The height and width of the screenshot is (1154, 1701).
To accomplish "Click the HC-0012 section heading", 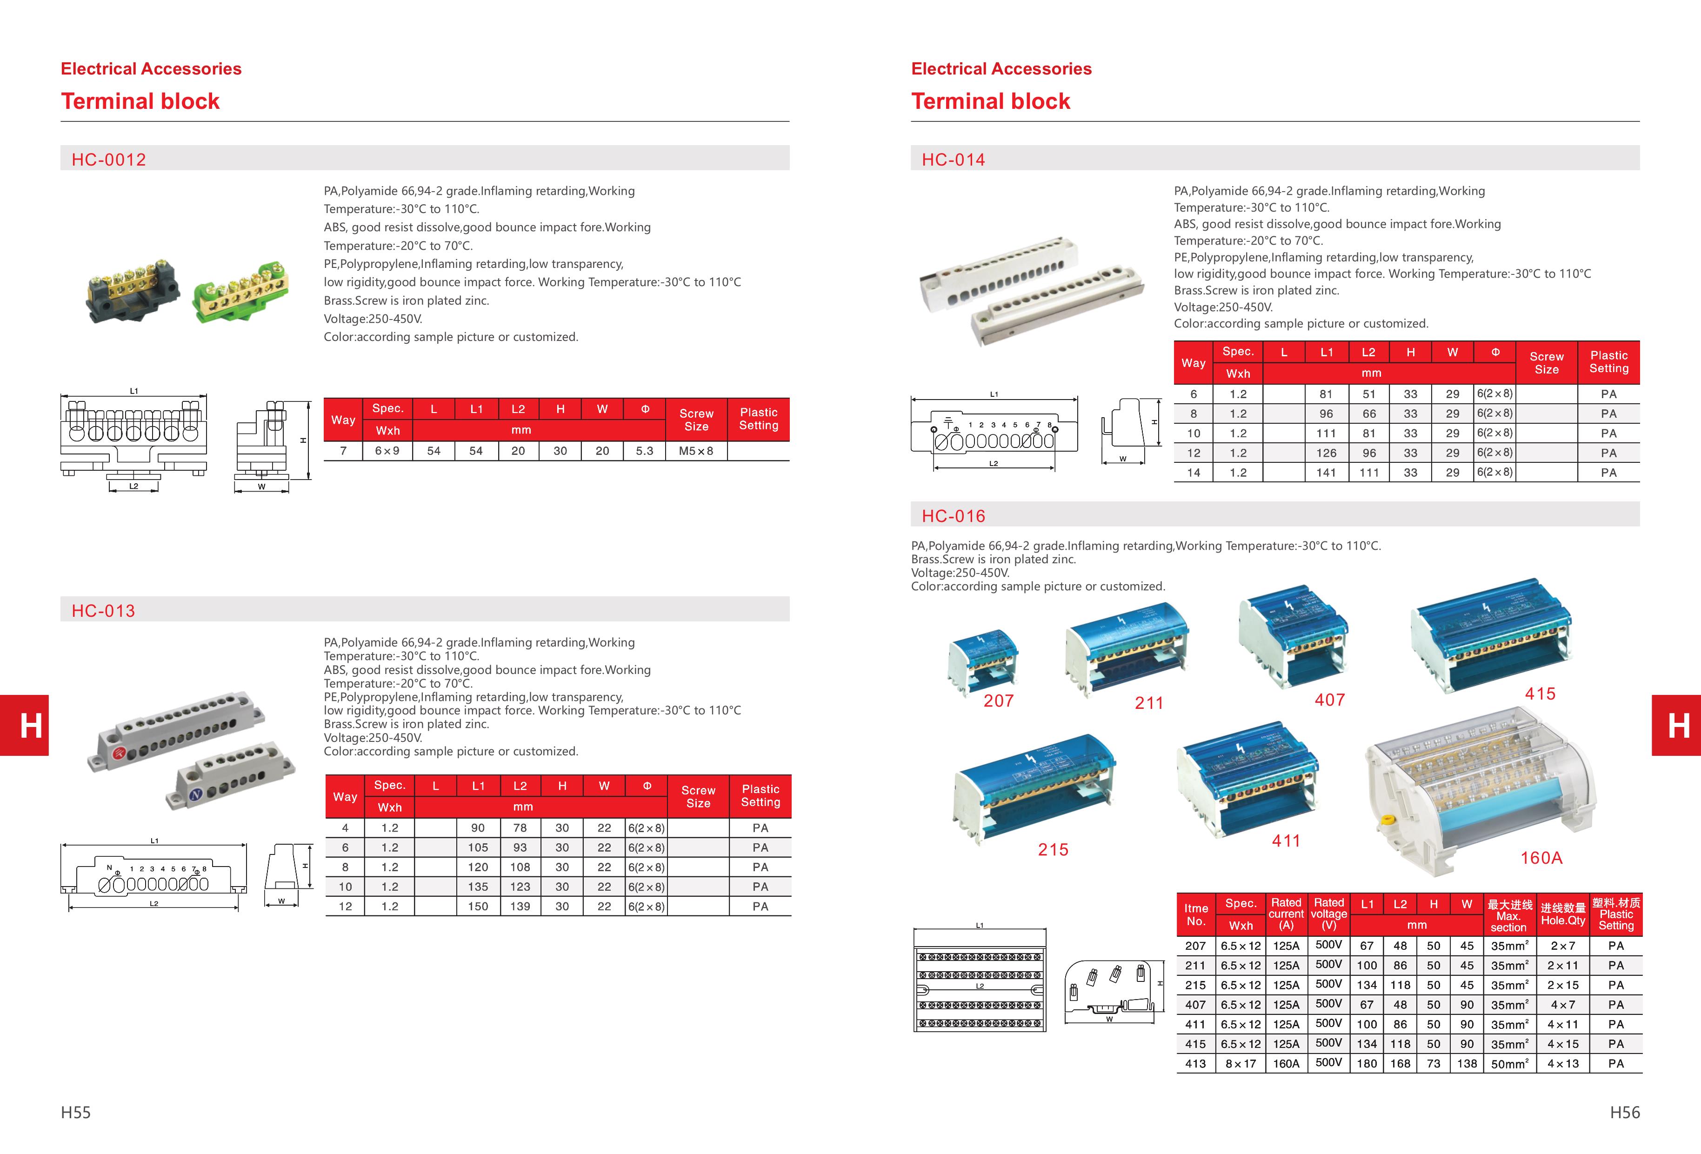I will [108, 160].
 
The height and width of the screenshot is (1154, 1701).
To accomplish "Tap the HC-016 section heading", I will [953, 516].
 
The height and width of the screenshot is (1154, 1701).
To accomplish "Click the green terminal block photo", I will [241, 291].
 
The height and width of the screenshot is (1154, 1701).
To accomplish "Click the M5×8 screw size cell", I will [695, 451].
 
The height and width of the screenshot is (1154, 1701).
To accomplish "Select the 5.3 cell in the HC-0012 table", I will [644, 451].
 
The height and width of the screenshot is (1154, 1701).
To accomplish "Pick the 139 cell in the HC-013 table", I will [520, 906].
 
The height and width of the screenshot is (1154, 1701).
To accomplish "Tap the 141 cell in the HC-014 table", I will [1326, 473].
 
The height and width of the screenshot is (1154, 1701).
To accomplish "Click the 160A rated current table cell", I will [1286, 1063].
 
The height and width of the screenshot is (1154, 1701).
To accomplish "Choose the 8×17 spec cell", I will [1241, 1063].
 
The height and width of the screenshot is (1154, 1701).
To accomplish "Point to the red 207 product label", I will [998, 701].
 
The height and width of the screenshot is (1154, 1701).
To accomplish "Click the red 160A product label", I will [1541, 858].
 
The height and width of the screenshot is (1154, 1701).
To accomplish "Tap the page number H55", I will [75, 1112].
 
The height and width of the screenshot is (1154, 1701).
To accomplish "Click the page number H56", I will [1624, 1112].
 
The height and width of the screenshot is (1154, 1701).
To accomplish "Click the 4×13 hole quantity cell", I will [1563, 1063].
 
